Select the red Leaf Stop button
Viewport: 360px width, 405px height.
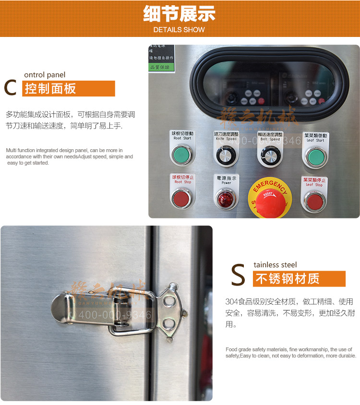314,201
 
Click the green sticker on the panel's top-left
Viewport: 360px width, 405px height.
161,67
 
